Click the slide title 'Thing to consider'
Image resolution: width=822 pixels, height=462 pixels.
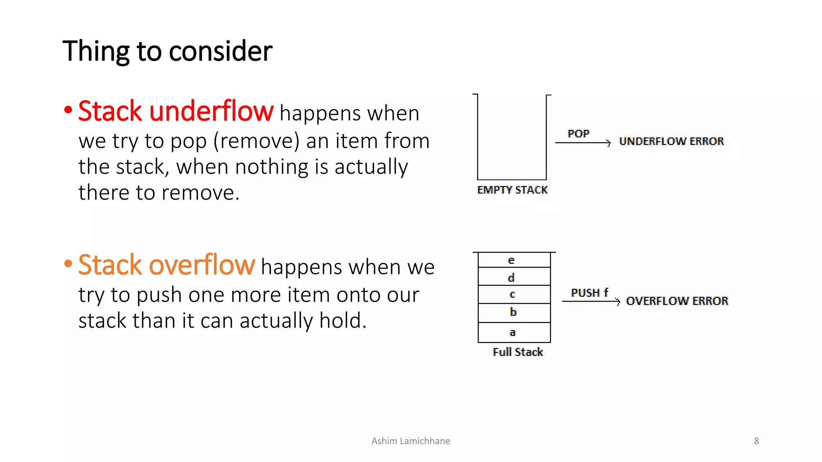coord(167,51)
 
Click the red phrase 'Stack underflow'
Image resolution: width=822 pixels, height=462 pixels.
coord(176,111)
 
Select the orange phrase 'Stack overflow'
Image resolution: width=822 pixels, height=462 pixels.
coord(167,265)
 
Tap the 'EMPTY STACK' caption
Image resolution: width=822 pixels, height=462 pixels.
coord(512,190)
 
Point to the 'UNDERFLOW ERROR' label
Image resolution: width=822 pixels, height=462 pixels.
coord(671,142)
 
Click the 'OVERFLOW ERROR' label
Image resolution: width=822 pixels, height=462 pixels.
coord(677,301)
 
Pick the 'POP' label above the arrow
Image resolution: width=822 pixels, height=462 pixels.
coord(578,134)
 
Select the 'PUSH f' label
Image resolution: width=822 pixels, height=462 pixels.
coord(589,293)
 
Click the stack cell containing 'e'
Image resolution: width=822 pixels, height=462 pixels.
coord(514,260)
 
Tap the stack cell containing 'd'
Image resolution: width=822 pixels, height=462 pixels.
coord(514,277)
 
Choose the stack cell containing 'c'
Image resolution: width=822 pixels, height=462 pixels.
coord(514,294)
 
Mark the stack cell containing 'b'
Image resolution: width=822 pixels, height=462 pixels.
coord(514,313)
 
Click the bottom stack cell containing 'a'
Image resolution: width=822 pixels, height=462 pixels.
coord(514,332)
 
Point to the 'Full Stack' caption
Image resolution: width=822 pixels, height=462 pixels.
coord(518,352)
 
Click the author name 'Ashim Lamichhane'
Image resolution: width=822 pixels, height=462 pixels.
coord(411,441)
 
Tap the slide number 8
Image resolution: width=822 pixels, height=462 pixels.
coord(757,441)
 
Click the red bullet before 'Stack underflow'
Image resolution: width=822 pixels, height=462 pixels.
coord(68,110)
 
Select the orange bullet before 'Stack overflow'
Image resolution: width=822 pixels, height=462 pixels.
coord(68,264)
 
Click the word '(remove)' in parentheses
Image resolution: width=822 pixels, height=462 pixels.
coord(256,141)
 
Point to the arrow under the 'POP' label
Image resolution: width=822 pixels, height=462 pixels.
coord(582,143)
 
